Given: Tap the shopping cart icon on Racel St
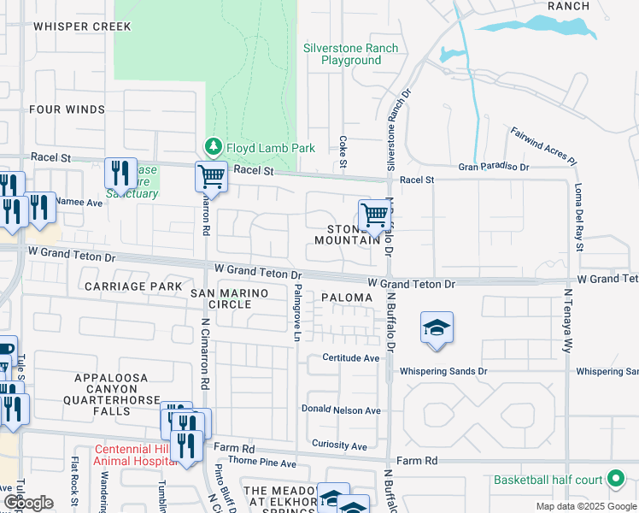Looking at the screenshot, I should click(x=211, y=177).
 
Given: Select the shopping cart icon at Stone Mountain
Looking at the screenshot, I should click(x=374, y=215).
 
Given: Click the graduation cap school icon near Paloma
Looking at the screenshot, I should click(x=437, y=328).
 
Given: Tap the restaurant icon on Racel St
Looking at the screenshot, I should click(x=120, y=174).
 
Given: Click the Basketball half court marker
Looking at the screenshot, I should click(x=613, y=480).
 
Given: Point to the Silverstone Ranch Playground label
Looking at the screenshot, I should click(x=350, y=55).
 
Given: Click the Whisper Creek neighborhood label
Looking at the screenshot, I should click(x=82, y=27).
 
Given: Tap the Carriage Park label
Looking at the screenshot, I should click(x=133, y=286).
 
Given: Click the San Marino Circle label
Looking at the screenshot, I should click(x=229, y=299).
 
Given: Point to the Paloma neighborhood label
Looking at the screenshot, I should click(x=347, y=298).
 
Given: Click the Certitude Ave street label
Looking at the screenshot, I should click(x=350, y=358).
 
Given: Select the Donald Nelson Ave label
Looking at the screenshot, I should click(x=341, y=410).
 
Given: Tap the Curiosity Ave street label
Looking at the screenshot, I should click(x=339, y=445).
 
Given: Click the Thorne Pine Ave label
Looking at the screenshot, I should click(x=261, y=463).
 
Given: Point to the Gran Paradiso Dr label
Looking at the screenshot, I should click(x=494, y=167).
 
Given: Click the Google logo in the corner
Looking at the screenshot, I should click(x=28, y=503).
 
